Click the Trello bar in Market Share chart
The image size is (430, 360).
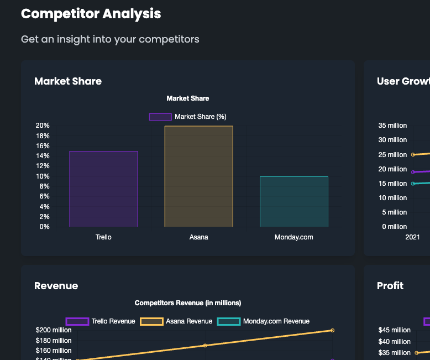click(103, 189)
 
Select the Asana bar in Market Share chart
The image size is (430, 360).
click(198, 176)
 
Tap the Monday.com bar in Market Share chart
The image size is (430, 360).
click(293, 201)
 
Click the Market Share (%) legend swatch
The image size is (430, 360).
click(160, 117)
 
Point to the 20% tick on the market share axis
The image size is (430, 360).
click(43, 126)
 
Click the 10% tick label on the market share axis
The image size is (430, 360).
click(43, 176)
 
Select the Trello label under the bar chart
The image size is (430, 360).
click(103, 237)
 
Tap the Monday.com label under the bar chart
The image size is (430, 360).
click(293, 237)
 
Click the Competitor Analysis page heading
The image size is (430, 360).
click(91, 14)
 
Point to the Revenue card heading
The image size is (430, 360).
click(56, 286)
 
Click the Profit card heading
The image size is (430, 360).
click(390, 286)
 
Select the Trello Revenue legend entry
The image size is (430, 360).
click(100, 321)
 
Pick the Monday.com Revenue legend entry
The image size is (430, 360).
click(263, 321)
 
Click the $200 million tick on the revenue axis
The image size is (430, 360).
click(54, 330)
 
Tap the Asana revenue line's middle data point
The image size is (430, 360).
click(205, 346)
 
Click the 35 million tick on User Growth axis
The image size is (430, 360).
click(392, 126)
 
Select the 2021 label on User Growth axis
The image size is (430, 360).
click(412, 237)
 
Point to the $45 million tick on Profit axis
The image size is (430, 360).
click(394, 330)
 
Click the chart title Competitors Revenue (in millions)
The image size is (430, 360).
click(188, 303)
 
